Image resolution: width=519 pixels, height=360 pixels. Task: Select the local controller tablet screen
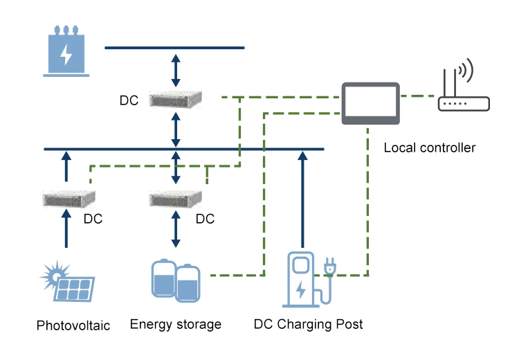tap(371, 102)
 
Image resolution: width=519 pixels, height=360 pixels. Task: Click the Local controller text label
tap(429, 147)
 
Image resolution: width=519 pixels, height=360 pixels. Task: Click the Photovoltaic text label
tap(73, 325)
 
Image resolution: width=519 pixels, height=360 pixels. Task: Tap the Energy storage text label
tap(176, 324)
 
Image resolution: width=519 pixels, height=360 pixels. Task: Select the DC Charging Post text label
tap(308, 324)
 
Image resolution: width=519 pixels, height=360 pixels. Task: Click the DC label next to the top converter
tap(129, 100)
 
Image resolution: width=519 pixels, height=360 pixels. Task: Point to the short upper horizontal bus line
tap(174, 48)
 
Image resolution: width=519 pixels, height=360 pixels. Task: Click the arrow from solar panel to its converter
tap(66, 231)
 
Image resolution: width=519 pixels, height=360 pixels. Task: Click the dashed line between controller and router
tap(419, 96)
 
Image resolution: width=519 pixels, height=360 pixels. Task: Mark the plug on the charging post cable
tap(329, 265)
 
